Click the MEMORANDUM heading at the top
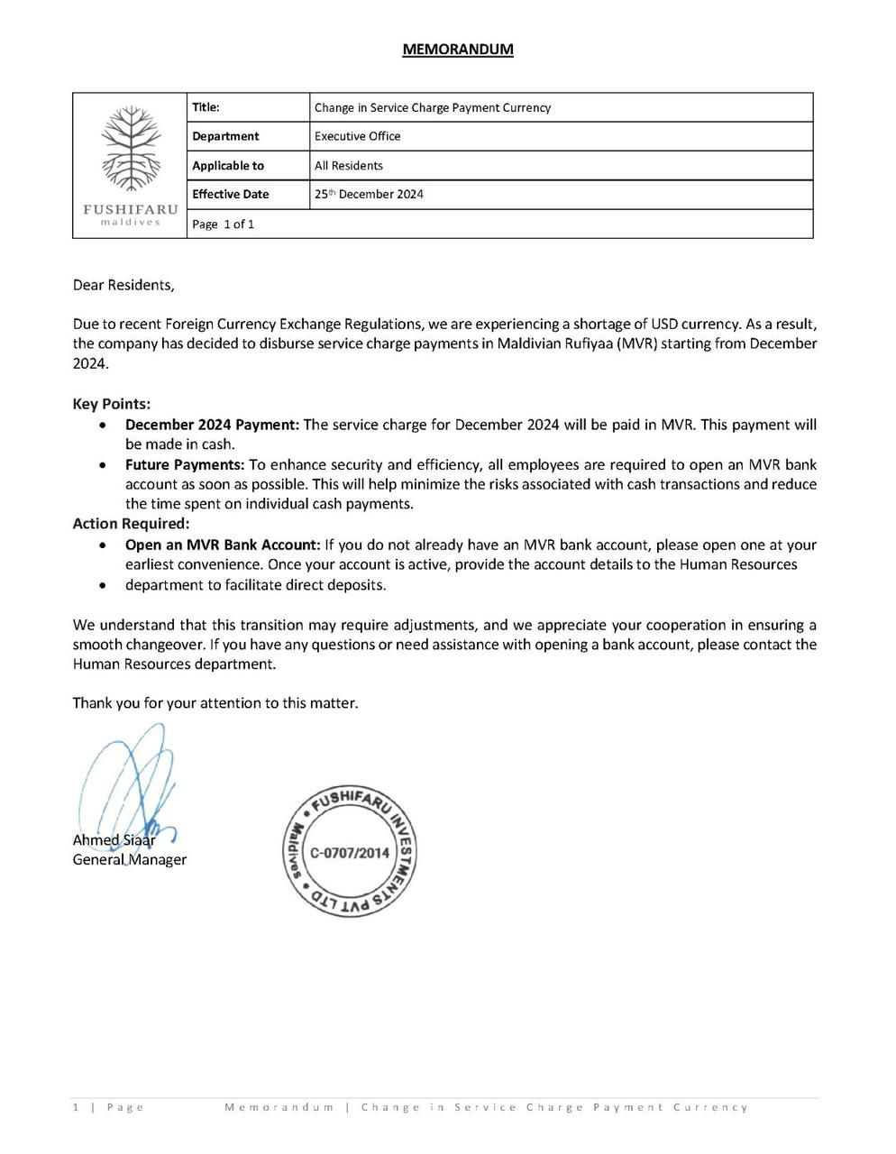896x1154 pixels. (x=458, y=49)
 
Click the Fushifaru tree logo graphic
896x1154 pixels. (x=130, y=149)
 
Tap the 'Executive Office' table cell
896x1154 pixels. (x=357, y=136)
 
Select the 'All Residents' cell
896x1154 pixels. (x=348, y=165)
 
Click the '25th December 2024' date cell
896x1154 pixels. (x=369, y=194)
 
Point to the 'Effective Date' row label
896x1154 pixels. (x=230, y=194)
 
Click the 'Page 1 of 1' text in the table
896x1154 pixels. (x=223, y=224)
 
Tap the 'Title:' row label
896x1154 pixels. (x=206, y=107)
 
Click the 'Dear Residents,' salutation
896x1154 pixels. (x=123, y=285)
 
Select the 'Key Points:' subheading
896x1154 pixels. (x=112, y=404)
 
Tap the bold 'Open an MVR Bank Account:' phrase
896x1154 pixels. (x=223, y=545)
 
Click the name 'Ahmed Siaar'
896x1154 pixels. (x=114, y=839)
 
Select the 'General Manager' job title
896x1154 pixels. (x=129, y=859)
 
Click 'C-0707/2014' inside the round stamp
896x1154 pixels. (x=350, y=852)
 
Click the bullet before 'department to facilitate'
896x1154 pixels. (x=106, y=585)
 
